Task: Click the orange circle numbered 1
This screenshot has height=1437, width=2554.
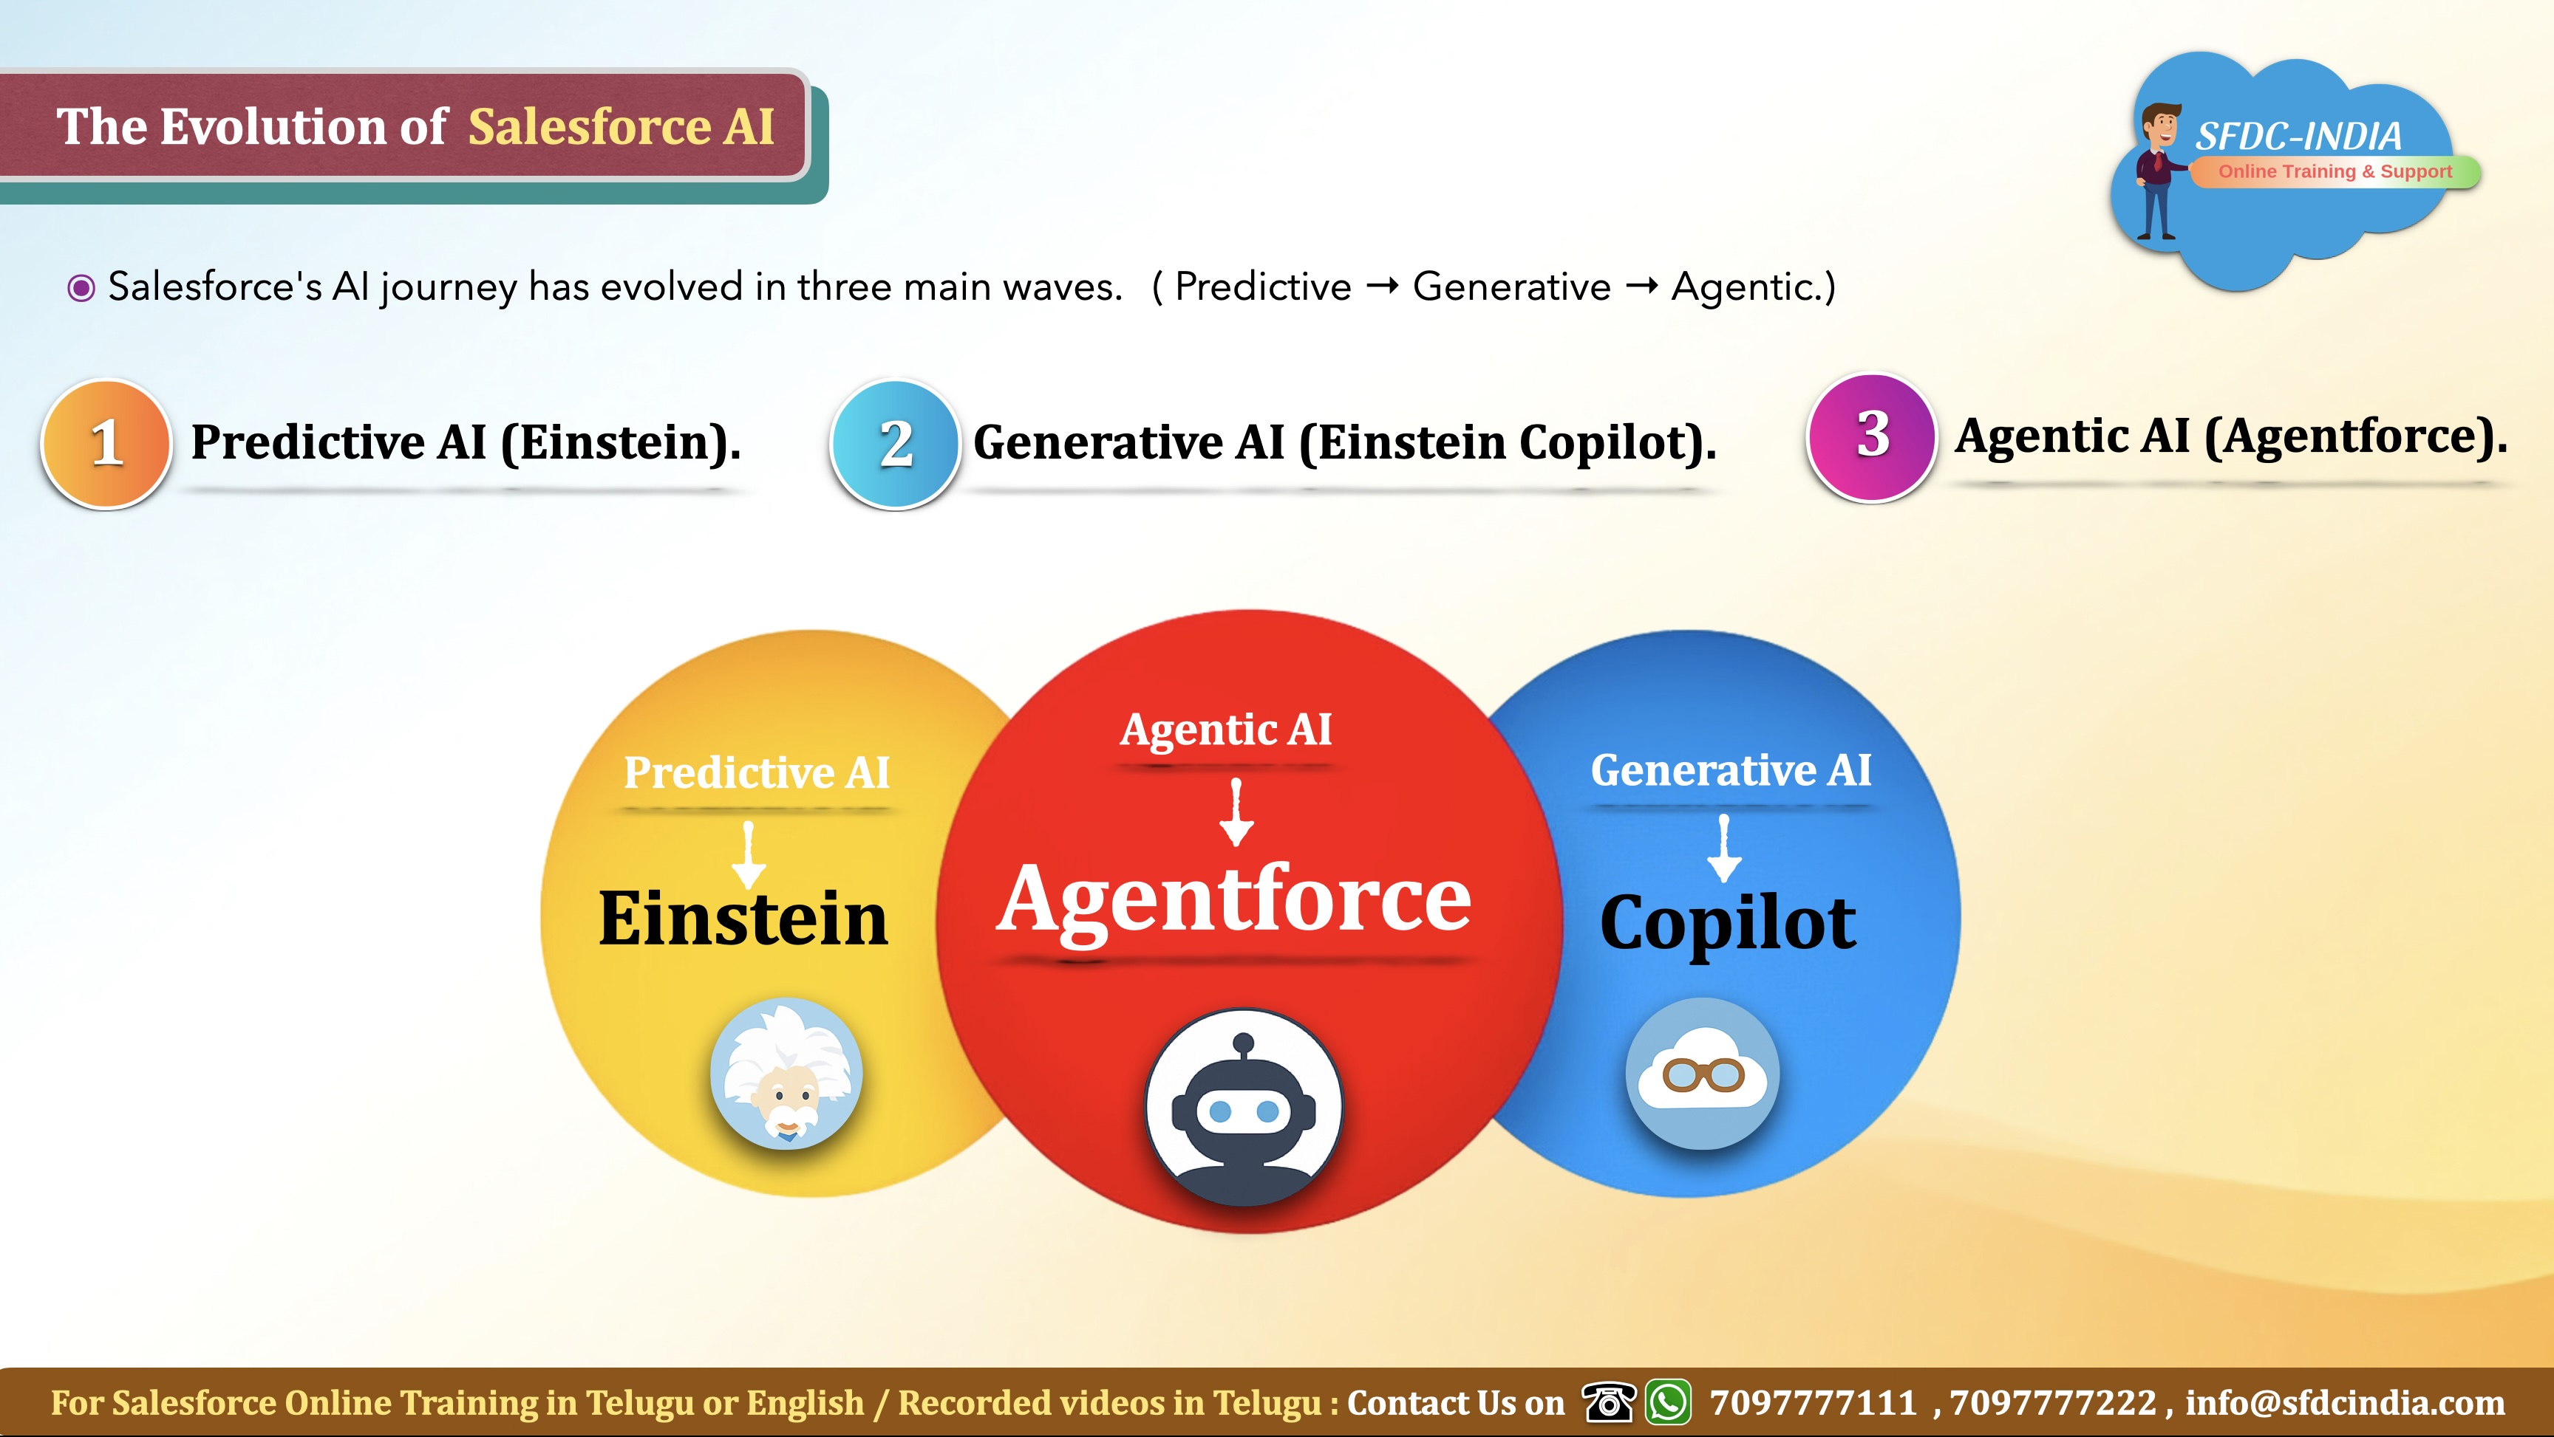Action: click(106, 444)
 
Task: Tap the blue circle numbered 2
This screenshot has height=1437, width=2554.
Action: click(895, 444)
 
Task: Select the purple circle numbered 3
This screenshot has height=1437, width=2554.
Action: click(1872, 437)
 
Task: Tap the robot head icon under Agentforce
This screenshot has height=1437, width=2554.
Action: click(1243, 1108)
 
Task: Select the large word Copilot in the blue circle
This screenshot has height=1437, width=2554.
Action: click(1727, 925)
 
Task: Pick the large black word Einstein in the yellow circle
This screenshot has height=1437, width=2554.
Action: click(743, 919)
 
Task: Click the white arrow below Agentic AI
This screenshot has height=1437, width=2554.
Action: click(1236, 812)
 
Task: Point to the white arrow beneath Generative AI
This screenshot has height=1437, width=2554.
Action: click(1724, 848)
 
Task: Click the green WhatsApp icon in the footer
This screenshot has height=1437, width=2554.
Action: click(1669, 1402)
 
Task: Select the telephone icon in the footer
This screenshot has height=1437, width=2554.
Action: click(1608, 1402)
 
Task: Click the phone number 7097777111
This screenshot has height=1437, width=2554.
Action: click(1814, 1403)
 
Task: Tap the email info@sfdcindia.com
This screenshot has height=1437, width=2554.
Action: click(2345, 1403)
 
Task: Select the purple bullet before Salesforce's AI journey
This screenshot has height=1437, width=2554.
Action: click(81, 287)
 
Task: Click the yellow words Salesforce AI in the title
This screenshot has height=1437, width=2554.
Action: click(621, 127)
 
